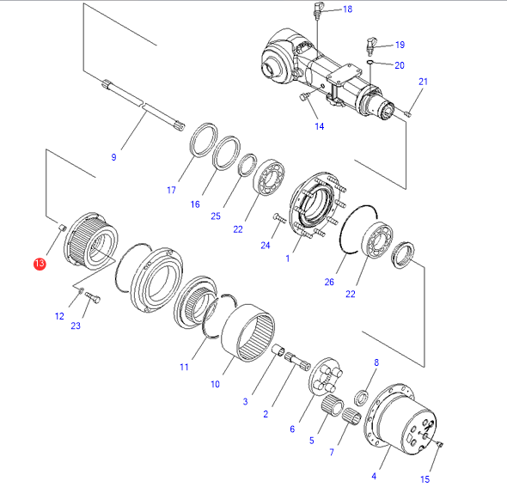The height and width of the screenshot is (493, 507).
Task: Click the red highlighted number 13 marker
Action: tap(40, 264)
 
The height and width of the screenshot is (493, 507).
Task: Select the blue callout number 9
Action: tap(113, 157)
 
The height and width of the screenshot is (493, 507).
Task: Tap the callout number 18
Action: tap(347, 9)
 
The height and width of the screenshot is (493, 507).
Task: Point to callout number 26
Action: tap(329, 282)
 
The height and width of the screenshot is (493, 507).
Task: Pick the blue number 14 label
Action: tap(320, 126)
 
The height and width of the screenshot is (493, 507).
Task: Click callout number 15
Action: tap(425, 479)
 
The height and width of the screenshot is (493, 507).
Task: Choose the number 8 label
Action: tap(376, 362)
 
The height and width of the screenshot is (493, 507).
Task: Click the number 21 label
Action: tap(424, 82)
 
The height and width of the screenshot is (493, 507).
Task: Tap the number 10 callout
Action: tap(215, 384)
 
